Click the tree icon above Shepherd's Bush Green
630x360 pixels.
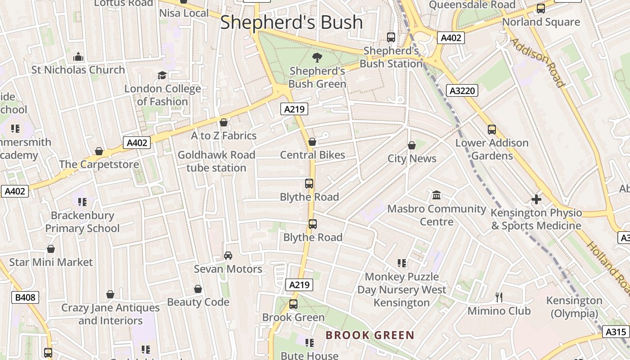tap(317, 57)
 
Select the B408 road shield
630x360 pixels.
tap(25, 297)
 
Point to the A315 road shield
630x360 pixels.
tap(615, 332)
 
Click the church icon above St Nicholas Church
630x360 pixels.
tap(78, 57)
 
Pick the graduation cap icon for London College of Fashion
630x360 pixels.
tap(162, 75)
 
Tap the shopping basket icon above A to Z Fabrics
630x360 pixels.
tap(224, 122)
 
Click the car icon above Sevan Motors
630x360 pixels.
tap(228, 256)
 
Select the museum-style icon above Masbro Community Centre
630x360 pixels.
tap(436, 195)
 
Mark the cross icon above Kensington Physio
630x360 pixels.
tap(536, 199)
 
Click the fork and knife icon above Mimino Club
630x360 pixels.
tap(499, 297)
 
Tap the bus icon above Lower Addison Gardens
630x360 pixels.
tap(492, 130)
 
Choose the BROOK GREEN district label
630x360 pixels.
tap(370, 335)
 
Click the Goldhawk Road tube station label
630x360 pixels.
tap(216, 161)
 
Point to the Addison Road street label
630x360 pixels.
tap(537, 62)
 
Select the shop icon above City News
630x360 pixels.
tap(411, 145)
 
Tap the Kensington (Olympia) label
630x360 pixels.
tap(574, 307)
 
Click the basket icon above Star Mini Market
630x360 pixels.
tap(51, 249)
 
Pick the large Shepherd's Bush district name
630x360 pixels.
tap(291, 22)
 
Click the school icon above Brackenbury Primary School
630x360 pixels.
tap(82, 202)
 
